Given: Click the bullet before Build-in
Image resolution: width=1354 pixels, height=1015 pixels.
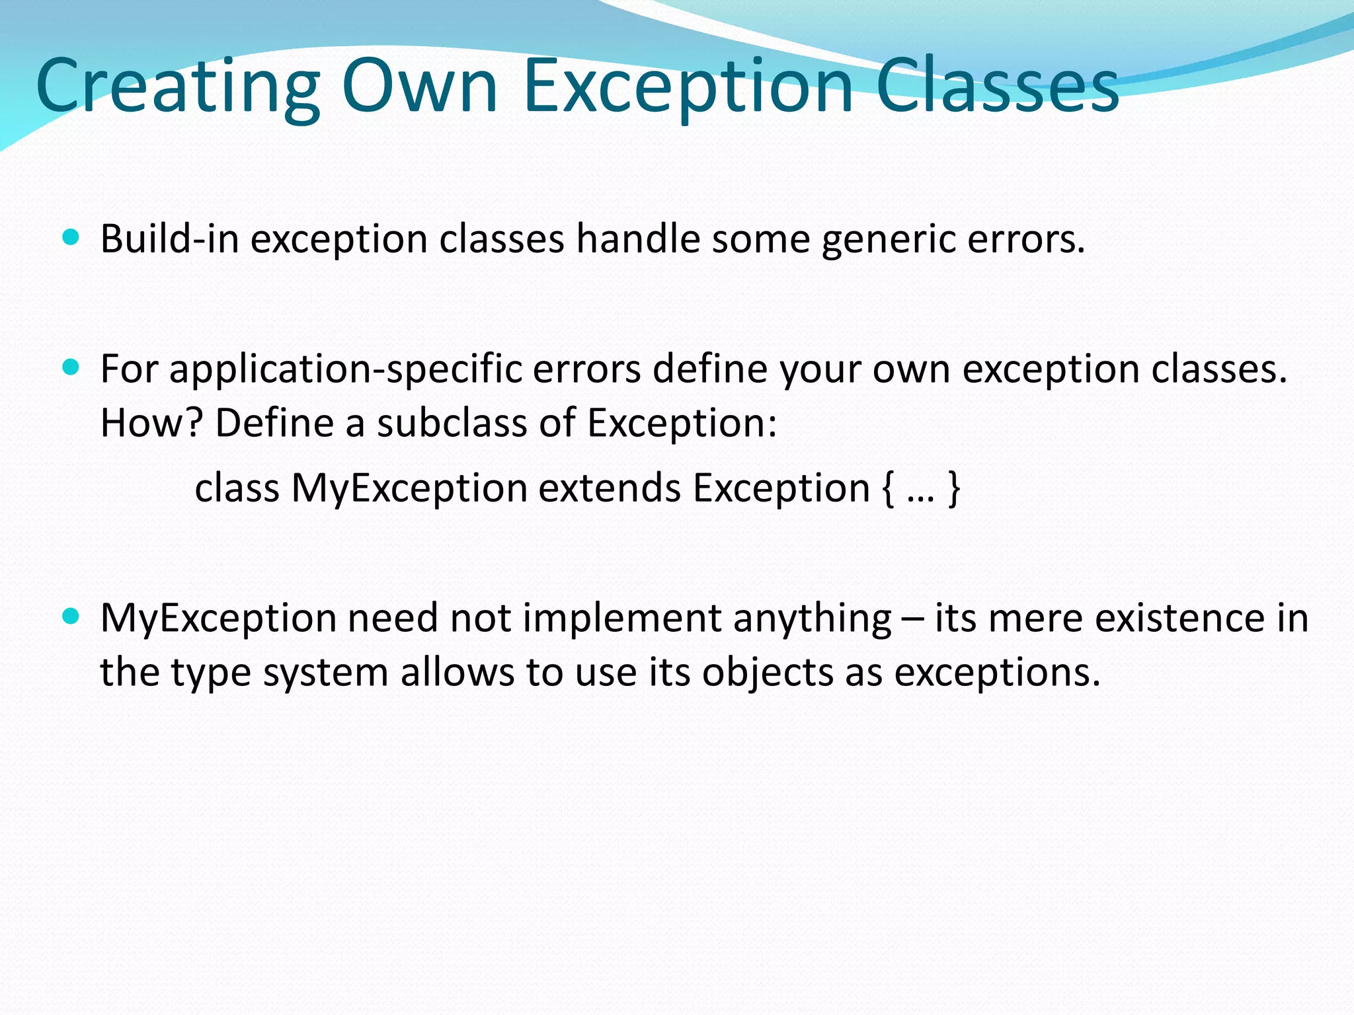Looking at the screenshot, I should [x=71, y=237].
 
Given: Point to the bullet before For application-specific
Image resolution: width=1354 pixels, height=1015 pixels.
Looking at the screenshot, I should [x=71, y=367].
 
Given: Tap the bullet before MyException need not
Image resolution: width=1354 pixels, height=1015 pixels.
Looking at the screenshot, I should [x=71, y=617].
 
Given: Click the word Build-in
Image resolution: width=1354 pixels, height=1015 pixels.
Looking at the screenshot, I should [x=169, y=239].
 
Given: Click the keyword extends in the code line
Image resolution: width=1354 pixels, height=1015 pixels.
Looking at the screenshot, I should [x=610, y=488].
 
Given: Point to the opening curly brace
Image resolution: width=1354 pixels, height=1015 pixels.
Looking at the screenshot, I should [x=888, y=490].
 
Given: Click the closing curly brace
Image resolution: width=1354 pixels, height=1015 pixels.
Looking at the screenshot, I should [x=953, y=490].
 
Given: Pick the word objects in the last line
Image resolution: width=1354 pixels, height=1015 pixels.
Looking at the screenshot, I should [x=768, y=673].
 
